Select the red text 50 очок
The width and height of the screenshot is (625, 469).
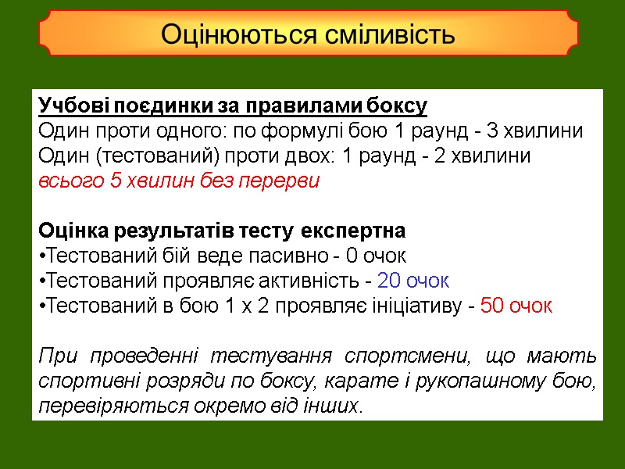516,306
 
